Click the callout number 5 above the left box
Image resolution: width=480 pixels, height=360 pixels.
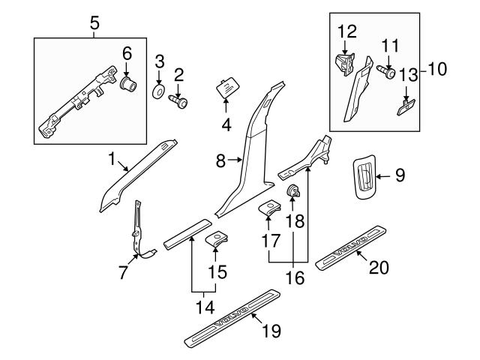[x=94, y=22]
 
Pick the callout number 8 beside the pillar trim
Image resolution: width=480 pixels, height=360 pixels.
[x=220, y=159]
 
